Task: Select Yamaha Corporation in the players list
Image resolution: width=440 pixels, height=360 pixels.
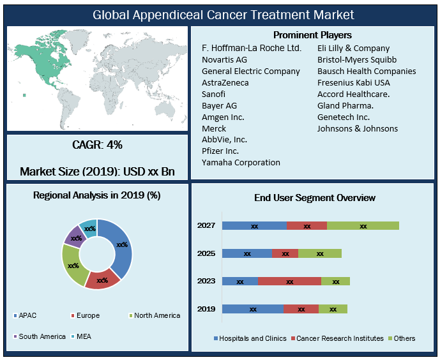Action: click(241, 163)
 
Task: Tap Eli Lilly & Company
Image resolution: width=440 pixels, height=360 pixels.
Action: click(353, 48)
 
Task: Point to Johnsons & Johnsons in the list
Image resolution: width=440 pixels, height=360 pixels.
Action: click(358, 128)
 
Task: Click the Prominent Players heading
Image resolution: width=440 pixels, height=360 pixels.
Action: click(312, 35)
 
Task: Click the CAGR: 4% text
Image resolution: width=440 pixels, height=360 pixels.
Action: click(97, 145)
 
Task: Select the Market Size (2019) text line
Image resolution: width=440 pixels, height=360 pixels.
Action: click(97, 172)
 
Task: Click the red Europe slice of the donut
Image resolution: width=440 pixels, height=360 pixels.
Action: click(102, 279)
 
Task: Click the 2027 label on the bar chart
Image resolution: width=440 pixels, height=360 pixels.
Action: click(206, 225)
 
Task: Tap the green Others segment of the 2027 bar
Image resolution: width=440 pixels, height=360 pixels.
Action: click(363, 225)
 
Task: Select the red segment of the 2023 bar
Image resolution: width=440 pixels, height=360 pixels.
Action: click(289, 281)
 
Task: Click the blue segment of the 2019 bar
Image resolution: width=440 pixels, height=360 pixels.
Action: click(252, 309)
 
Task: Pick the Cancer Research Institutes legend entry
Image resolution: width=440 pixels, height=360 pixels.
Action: click(337, 338)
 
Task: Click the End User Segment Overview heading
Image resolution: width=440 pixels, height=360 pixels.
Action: click(314, 199)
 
